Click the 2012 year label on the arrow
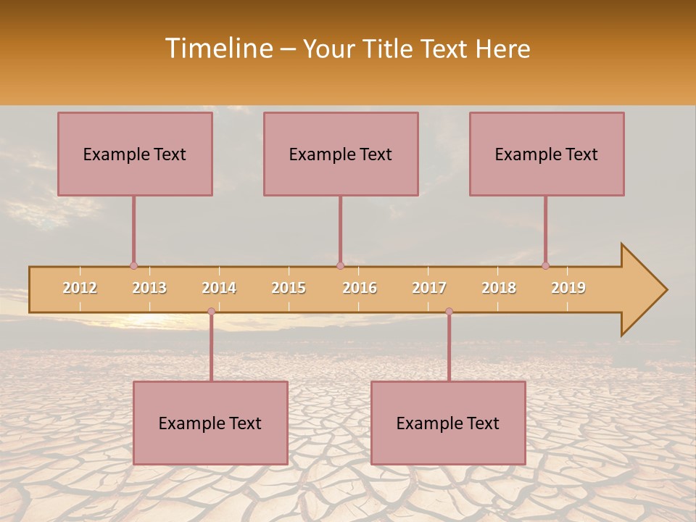click(80, 288)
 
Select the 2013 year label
click(149, 288)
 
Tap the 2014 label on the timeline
click(219, 288)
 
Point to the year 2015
click(289, 288)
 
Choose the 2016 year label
click(360, 288)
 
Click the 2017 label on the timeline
click(429, 288)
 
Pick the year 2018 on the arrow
click(499, 288)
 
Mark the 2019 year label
click(568, 288)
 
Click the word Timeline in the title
click(217, 49)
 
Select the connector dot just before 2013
click(133, 265)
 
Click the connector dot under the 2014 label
click(211, 311)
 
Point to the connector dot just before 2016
click(340, 265)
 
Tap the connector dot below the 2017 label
click(449, 311)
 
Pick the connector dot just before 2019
click(545, 265)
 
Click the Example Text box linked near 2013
click(135, 154)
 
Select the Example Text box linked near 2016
click(341, 154)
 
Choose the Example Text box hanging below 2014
click(210, 423)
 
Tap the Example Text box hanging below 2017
click(448, 423)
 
